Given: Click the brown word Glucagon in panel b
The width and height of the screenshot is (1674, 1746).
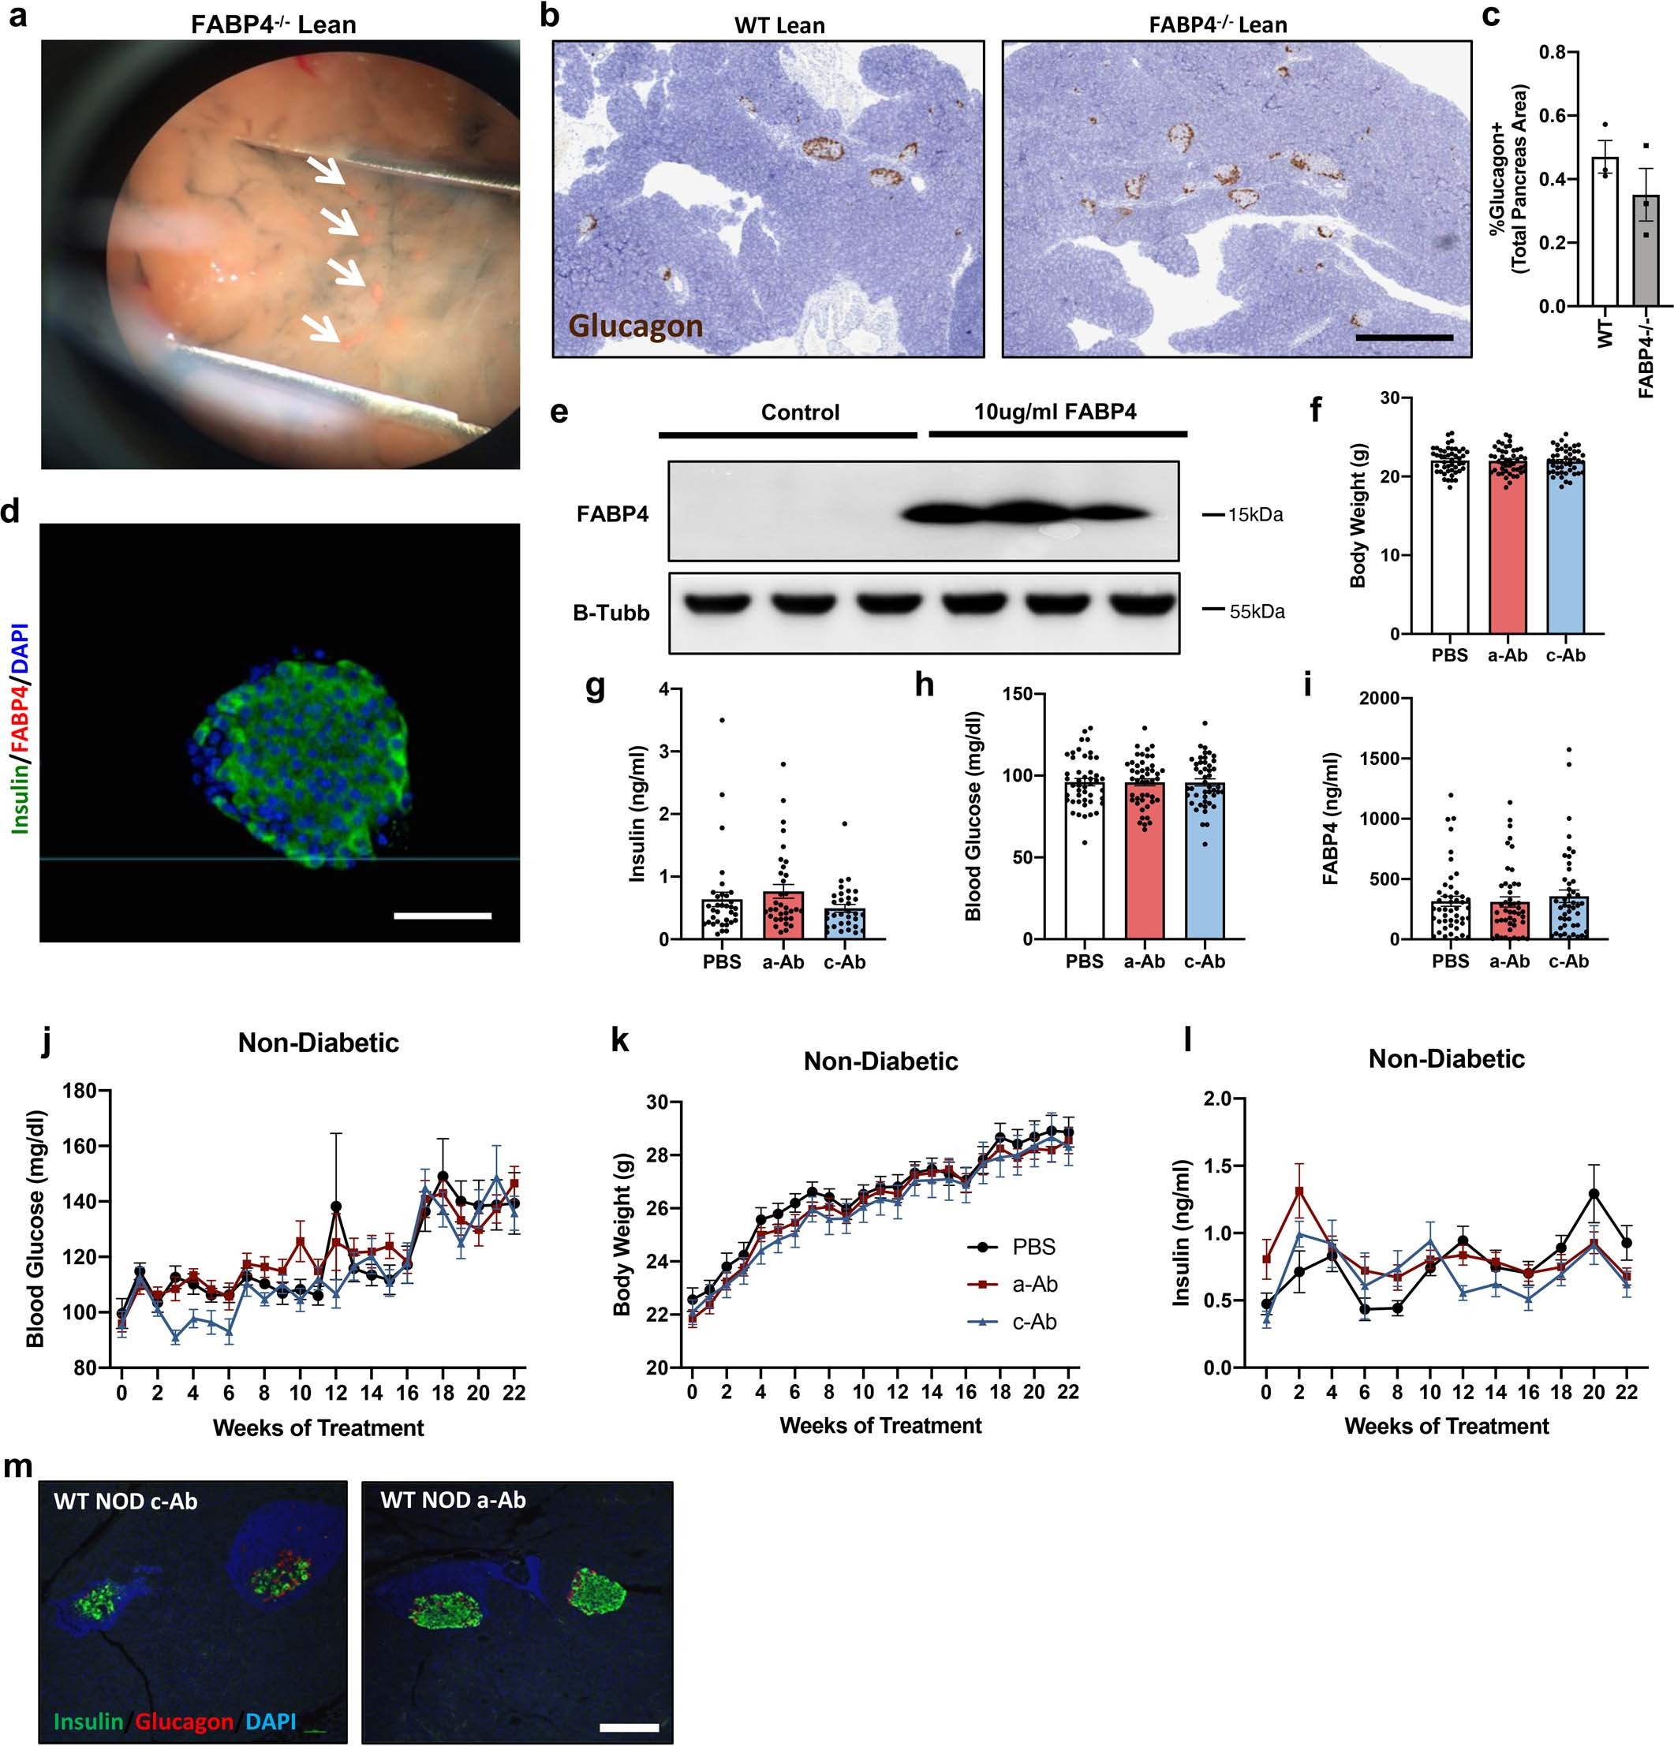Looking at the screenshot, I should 635,326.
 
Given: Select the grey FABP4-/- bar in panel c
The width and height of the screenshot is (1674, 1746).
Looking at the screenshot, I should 1646,250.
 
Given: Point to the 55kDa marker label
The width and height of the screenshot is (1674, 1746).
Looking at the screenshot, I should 1256,612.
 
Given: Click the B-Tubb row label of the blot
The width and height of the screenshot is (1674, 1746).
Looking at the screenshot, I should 611,613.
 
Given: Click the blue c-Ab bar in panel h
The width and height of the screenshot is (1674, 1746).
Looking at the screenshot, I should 1205,860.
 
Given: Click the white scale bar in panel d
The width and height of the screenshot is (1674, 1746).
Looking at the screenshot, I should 442,915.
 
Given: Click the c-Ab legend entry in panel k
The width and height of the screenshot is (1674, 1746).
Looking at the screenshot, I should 1033,1322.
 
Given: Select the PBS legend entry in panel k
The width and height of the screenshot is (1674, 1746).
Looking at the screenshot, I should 1033,1246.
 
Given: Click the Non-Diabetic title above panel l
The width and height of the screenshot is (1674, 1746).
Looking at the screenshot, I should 1445,1058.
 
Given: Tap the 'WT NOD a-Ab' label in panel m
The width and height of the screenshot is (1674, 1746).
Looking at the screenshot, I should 453,1501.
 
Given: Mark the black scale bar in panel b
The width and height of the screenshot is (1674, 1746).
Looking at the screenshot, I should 1403,338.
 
